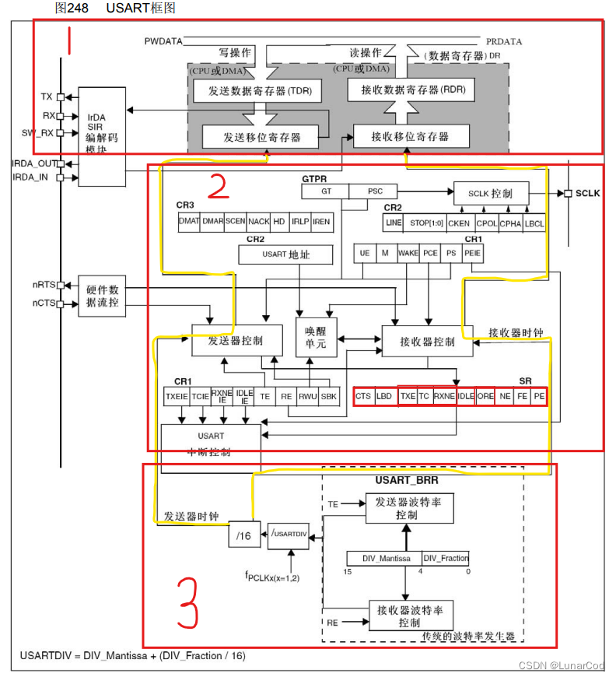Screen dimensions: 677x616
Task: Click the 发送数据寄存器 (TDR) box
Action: click(x=260, y=91)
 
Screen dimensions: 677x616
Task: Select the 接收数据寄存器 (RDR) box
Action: click(x=412, y=90)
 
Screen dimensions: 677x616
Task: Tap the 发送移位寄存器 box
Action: click(x=261, y=137)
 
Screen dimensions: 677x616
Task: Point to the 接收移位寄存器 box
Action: click(x=411, y=136)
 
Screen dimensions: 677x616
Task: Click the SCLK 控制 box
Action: click(x=490, y=192)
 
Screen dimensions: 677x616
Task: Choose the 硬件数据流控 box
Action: click(x=103, y=295)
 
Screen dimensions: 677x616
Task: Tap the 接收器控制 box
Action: click(x=427, y=342)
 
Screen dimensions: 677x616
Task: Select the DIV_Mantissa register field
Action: click(x=383, y=558)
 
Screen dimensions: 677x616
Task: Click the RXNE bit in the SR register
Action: click(x=444, y=396)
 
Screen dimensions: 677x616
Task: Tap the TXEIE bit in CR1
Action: click(x=176, y=396)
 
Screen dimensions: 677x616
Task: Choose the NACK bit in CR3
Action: click(x=259, y=222)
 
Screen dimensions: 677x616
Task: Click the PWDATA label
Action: click(x=162, y=40)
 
